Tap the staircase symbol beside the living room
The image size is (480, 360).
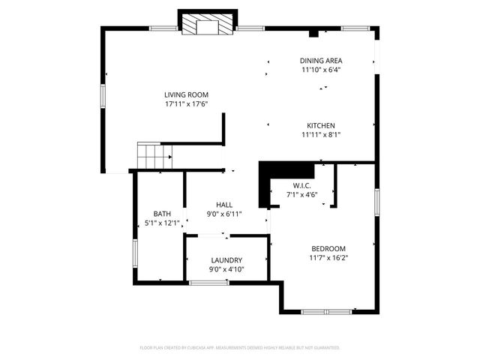pyautogui.click(x=154, y=157)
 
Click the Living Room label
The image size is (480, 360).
pyautogui.click(x=187, y=94)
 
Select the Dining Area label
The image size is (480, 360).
pyautogui.click(x=321, y=61)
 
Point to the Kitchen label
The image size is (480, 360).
pyautogui.click(x=320, y=125)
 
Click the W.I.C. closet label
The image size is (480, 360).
pyautogui.click(x=302, y=185)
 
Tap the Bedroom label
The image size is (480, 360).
pyautogui.click(x=328, y=248)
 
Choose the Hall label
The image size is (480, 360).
pyautogui.click(x=224, y=204)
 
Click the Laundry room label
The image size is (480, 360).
pyautogui.click(x=226, y=260)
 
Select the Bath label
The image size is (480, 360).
pyautogui.click(x=162, y=214)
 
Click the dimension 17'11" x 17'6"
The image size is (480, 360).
pyautogui.click(x=187, y=104)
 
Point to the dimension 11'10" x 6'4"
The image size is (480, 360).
pyautogui.click(x=321, y=70)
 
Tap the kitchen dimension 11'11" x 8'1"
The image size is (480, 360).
pyautogui.click(x=320, y=135)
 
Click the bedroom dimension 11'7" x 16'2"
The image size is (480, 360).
pyautogui.click(x=328, y=258)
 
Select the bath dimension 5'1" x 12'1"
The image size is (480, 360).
pyautogui.click(x=162, y=223)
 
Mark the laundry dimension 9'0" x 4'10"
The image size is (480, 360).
pyautogui.click(x=226, y=270)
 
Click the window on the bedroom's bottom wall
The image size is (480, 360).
pyautogui.click(x=326, y=310)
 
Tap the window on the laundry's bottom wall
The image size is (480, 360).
pyautogui.click(x=208, y=283)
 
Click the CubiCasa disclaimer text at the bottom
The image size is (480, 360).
pyautogui.click(x=240, y=348)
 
